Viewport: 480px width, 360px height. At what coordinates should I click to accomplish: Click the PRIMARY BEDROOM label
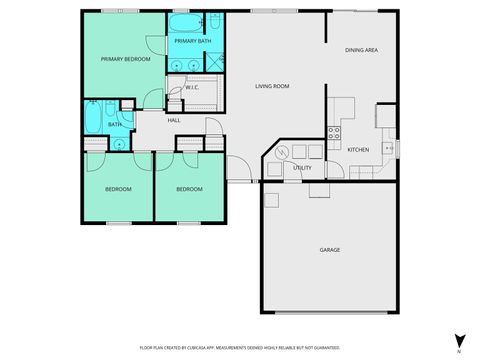pos(125,60)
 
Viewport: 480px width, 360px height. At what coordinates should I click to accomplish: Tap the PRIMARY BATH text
pos(192,41)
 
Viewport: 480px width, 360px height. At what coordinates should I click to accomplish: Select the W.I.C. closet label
pos(192,87)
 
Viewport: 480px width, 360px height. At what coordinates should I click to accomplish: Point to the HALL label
pos(173,120)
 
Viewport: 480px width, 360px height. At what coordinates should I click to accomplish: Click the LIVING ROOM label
pos(271,86)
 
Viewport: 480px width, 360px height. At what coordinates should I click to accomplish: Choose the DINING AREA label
pos(361,50)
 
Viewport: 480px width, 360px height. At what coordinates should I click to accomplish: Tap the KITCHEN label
pos(358,150)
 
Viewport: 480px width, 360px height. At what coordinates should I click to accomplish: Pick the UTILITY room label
pos(302,167)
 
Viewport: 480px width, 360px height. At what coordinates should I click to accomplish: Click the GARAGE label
pos(329,249)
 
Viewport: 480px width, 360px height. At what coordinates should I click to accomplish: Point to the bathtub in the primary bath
pos(185,23)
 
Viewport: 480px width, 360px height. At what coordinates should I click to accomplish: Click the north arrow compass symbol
pos(456,341)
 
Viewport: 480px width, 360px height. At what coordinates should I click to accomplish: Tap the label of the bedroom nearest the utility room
pos(189,189)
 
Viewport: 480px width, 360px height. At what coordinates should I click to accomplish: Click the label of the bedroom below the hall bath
pos(119,189)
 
